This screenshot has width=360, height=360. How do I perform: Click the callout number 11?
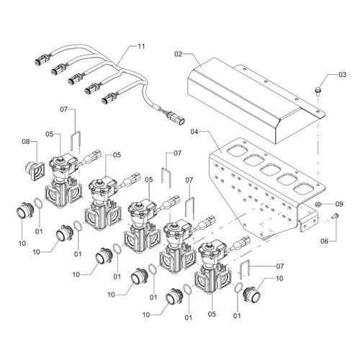tap(141, 46)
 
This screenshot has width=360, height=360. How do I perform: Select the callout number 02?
tap(179, 54)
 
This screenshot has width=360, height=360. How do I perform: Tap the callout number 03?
tap(343, 75)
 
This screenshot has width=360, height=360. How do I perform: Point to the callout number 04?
tap(194, 132)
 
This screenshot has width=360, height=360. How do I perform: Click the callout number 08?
tap(26, 142)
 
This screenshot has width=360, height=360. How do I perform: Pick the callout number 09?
tap(339, 204)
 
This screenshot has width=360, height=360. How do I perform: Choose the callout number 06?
tap(325, 241)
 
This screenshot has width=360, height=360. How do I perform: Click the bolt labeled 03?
tap(318, 91)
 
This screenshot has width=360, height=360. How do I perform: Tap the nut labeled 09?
tap(318, 204)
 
